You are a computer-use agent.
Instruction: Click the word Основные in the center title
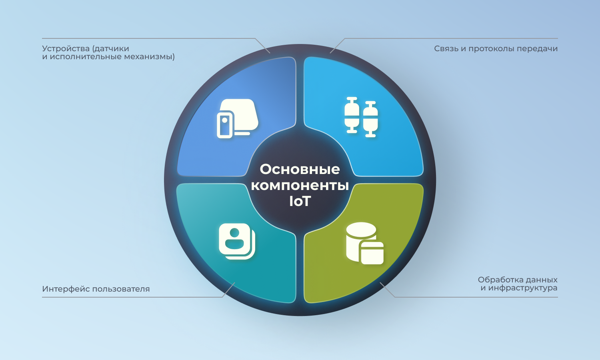300,169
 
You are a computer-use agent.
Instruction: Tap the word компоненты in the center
300,185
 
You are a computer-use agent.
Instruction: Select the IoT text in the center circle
300,201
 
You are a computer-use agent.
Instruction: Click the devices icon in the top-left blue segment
237,119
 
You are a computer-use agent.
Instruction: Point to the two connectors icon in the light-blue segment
361,117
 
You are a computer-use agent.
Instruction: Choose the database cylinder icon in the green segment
364,243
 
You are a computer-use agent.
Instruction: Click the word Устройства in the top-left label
66,49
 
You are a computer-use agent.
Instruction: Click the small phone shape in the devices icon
225,125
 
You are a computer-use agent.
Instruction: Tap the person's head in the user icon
234,232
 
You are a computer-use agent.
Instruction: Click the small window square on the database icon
372,253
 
